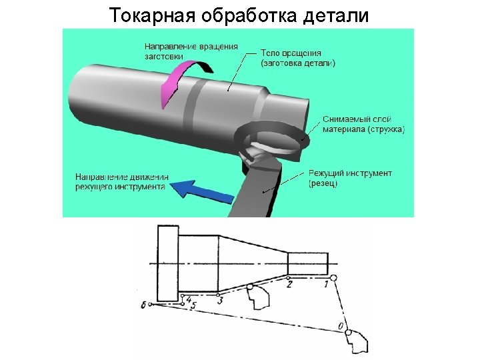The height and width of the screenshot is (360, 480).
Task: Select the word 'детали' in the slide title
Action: (335, 15)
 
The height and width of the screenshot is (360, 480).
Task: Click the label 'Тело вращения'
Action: (291, 53)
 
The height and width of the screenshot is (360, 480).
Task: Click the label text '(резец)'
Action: (323, 183)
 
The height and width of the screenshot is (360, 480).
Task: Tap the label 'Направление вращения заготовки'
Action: (191, 51)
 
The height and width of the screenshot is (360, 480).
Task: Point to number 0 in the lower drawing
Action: (341, 326)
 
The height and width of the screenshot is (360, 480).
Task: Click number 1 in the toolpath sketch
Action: (325, 285)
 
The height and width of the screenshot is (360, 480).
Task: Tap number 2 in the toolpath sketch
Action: (289, 285)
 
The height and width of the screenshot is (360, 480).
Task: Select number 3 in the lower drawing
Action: (219, 301)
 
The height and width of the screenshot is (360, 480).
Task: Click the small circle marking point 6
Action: (151, 305)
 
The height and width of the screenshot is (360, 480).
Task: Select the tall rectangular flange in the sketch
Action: (168, 264)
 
